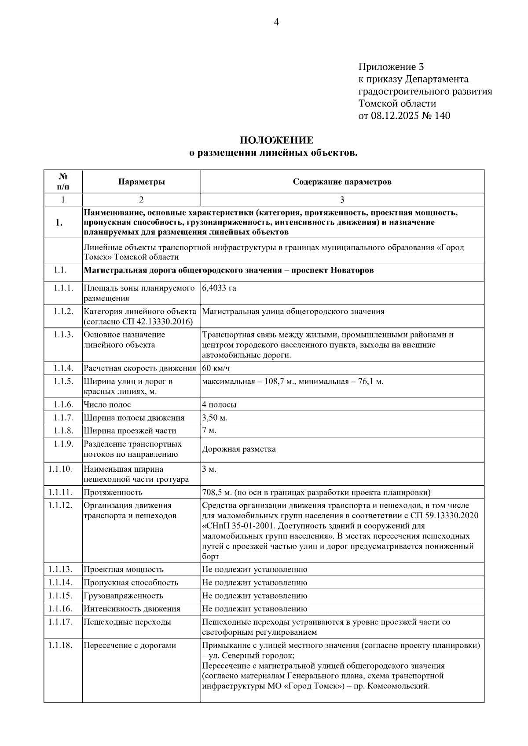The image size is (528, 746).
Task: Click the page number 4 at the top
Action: pyautogui.click(x=276, y=22)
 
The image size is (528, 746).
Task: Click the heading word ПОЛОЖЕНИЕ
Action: pyautogui.click(x=276, y=140)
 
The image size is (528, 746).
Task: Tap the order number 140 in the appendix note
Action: pyautogui.click(x=442, y=116)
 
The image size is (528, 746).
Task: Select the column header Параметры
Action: pyautogui.click(x=141, y=182)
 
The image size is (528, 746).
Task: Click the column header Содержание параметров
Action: pyautogui.click(x=342, y=182)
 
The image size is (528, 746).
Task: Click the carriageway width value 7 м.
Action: pyautogui.click(x=209, y=430)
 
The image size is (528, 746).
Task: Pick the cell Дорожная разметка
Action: pyautogui.click(x=239, y=449)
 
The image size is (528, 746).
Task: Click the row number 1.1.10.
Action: pyautogui.click(x=60, y=469)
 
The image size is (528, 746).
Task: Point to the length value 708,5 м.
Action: pyautogui.click(x=216, y=492)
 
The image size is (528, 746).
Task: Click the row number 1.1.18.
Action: pyautogui.click(x=60, y=645)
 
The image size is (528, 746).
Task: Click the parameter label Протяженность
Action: pyautogui.click(x=113, y=492)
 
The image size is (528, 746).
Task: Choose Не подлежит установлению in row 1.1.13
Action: pyautogui.click(x=254, y=569)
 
